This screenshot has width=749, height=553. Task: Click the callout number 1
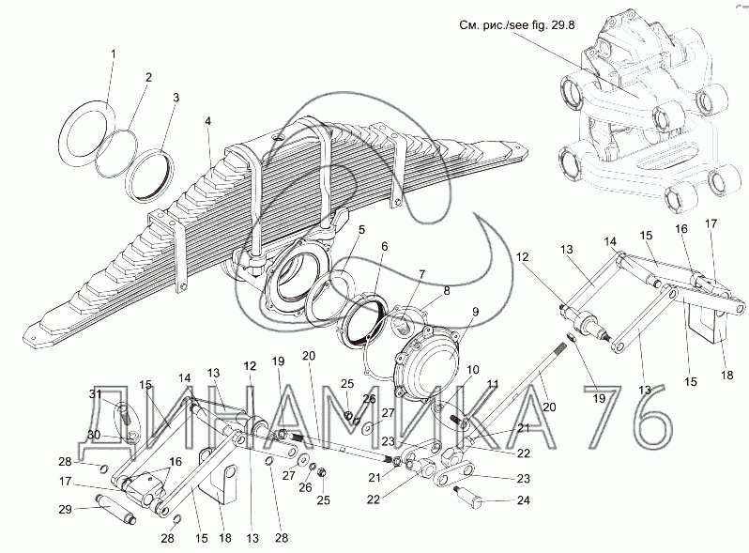point(114,54)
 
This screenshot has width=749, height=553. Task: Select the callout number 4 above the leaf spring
point(207,121)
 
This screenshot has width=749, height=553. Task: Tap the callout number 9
point(476,312)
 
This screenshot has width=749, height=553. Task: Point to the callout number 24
point(524,500)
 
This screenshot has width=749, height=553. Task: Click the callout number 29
point(66,510)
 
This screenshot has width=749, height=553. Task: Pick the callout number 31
point(95,393)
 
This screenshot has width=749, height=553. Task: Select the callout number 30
point(95,435)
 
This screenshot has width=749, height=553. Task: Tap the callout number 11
point(493,384)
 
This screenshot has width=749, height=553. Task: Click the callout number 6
point(385,247)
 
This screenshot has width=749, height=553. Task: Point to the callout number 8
point(446,291)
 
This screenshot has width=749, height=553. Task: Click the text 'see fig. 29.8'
point(542,25)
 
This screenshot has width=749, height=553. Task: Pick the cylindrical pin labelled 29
point(117,507)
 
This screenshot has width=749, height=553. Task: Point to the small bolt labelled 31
point(125,411)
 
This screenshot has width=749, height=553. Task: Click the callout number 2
point(148,77)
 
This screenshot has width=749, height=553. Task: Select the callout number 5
point(361,230)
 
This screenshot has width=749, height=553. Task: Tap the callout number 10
point(472,371)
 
